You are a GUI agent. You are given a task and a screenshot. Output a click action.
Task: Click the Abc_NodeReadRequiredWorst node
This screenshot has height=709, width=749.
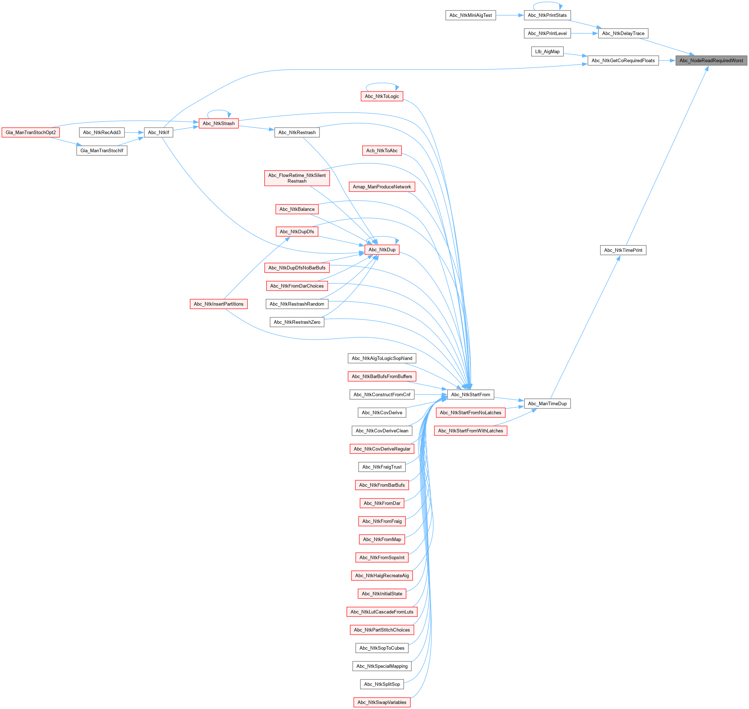tap(711, 60)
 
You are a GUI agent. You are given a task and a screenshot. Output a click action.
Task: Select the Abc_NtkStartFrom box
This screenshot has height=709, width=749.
tap(470, 395)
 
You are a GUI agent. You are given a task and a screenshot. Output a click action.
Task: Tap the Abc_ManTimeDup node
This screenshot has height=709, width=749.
tap(547, 403)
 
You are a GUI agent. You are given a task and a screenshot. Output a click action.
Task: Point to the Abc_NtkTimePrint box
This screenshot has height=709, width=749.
tap(623, 250)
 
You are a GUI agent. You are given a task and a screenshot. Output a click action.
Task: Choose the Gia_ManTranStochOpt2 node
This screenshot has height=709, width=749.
tap(31, 132)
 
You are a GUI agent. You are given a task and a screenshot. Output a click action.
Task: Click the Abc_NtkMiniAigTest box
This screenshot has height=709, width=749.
tap(470, 15)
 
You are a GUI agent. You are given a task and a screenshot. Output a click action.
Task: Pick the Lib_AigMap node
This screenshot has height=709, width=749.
tap(547, 51)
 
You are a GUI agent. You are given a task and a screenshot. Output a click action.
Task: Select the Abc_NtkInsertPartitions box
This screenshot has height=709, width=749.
tap(218, 304)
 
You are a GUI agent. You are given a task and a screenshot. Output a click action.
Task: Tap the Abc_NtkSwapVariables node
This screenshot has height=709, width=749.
tap(381, 702)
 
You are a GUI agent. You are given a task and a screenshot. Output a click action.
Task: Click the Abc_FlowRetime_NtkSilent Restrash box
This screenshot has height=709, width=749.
tap(297, 178)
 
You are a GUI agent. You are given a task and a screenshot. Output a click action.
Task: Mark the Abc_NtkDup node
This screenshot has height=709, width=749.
tap(381, 249)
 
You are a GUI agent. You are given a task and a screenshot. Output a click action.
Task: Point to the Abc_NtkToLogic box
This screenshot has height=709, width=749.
tap(381, 96)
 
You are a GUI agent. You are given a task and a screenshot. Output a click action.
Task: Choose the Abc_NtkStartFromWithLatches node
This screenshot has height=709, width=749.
tap(470, 431)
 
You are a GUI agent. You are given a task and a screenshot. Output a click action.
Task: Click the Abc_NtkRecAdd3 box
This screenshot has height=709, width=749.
tap(101, 132)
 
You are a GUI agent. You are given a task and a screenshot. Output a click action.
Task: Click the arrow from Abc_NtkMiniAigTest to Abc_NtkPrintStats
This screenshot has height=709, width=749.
tap(510, 15)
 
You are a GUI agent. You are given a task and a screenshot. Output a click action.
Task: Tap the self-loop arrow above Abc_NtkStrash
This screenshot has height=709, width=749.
tap(219, 111)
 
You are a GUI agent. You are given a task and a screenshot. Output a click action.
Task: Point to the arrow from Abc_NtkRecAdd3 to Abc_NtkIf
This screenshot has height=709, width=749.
tap(134, 132)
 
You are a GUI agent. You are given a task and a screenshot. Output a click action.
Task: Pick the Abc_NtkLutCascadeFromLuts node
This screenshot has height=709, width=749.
tap(381, 612)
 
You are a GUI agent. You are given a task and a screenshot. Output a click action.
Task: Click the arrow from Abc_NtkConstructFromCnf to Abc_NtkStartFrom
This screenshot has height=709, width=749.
tap(431, 395)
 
